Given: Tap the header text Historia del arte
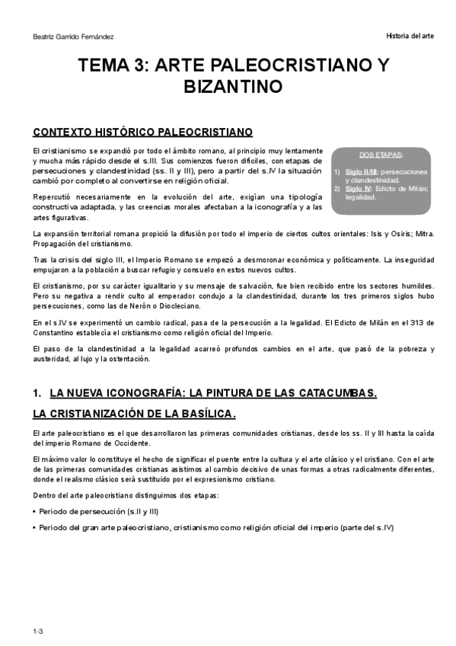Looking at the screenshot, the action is [410, 37].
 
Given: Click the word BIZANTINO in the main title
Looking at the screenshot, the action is [228, 86].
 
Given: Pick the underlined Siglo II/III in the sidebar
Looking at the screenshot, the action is [362, 172].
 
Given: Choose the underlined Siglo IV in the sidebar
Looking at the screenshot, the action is [359, 187].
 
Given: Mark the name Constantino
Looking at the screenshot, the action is [57, 332].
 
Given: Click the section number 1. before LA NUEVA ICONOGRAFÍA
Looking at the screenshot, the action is [37, 393].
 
